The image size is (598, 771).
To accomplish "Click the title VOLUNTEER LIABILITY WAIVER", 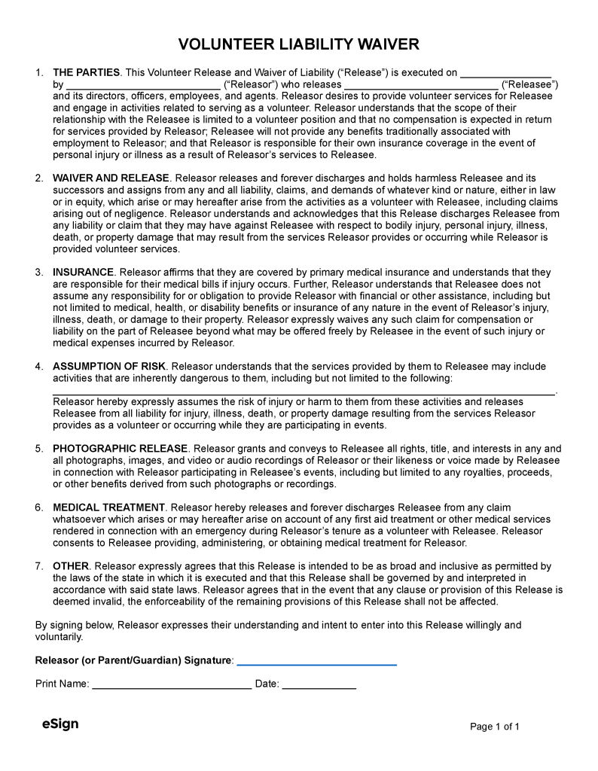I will [299, 44].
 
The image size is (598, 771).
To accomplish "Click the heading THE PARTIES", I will [87, 73].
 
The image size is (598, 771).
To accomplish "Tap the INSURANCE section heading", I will [83, 273].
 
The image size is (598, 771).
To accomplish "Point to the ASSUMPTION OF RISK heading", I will [109, 367].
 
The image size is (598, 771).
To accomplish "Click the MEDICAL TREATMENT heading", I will [108, 507].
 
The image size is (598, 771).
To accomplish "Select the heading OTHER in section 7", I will [71, 566].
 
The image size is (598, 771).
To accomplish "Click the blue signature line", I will [316, 663].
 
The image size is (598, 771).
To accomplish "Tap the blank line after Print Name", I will [172, 687].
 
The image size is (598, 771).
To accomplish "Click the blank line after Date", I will [319, 687].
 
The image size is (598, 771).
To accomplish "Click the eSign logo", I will [60, 724].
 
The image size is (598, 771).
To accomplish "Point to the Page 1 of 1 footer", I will [495, 727].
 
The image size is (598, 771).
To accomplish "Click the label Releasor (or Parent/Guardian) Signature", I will [134, 660].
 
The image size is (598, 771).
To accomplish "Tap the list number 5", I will [39, 449].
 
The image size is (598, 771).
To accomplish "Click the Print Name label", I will [63, 684].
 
